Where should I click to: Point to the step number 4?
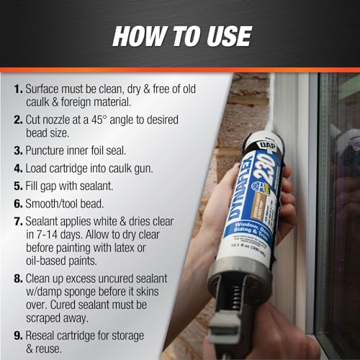click(x=17, y=171)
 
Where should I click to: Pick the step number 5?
click(x=17, y=187)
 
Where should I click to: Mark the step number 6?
click(x=17, y=204)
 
